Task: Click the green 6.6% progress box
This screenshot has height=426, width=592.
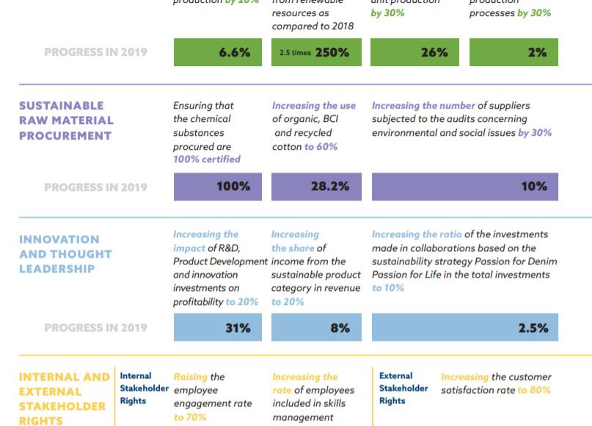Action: tap(218, 52)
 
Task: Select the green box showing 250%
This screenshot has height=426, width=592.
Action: tap(316, 52)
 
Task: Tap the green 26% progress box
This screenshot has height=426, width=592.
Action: tap(414, 52)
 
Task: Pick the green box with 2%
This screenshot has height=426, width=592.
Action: tap(514, 52)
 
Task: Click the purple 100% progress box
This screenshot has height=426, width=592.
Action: tap(218, 187)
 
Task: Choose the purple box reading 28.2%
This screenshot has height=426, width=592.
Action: tap(316, 187)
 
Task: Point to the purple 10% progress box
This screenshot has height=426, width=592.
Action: tap(464, 187)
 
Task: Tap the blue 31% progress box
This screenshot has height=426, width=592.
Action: tap(218, 328)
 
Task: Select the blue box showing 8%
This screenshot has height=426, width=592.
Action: tap(316, 328)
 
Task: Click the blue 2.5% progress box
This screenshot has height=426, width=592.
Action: tap(464, 328)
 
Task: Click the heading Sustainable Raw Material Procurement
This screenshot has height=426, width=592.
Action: tap(66, 120)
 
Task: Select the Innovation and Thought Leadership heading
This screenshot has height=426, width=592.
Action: tap(65, 254)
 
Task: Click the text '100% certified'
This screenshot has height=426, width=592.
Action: tap(206, 159)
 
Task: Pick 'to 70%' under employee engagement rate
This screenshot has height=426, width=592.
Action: tap(190, 417)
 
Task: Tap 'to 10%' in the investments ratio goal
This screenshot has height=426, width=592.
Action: tap(387, 288)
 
